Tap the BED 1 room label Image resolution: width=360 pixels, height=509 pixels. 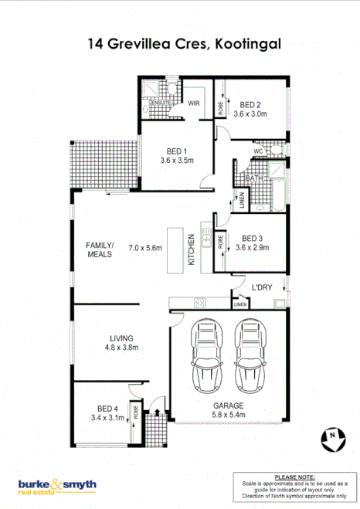tap(177, 151)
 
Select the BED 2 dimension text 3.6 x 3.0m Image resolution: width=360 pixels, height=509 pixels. tap(251, 114)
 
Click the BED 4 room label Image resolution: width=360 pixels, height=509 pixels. tap(107, 408)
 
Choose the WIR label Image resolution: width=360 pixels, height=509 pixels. tap(194, 102)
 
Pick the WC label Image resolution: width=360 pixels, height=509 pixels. tap(259, 151)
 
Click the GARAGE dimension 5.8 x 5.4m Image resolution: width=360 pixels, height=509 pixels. tap(229, 415)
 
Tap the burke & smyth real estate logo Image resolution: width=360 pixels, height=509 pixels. tap(57, 486)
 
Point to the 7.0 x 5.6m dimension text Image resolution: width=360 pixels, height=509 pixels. tap(144, 248)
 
